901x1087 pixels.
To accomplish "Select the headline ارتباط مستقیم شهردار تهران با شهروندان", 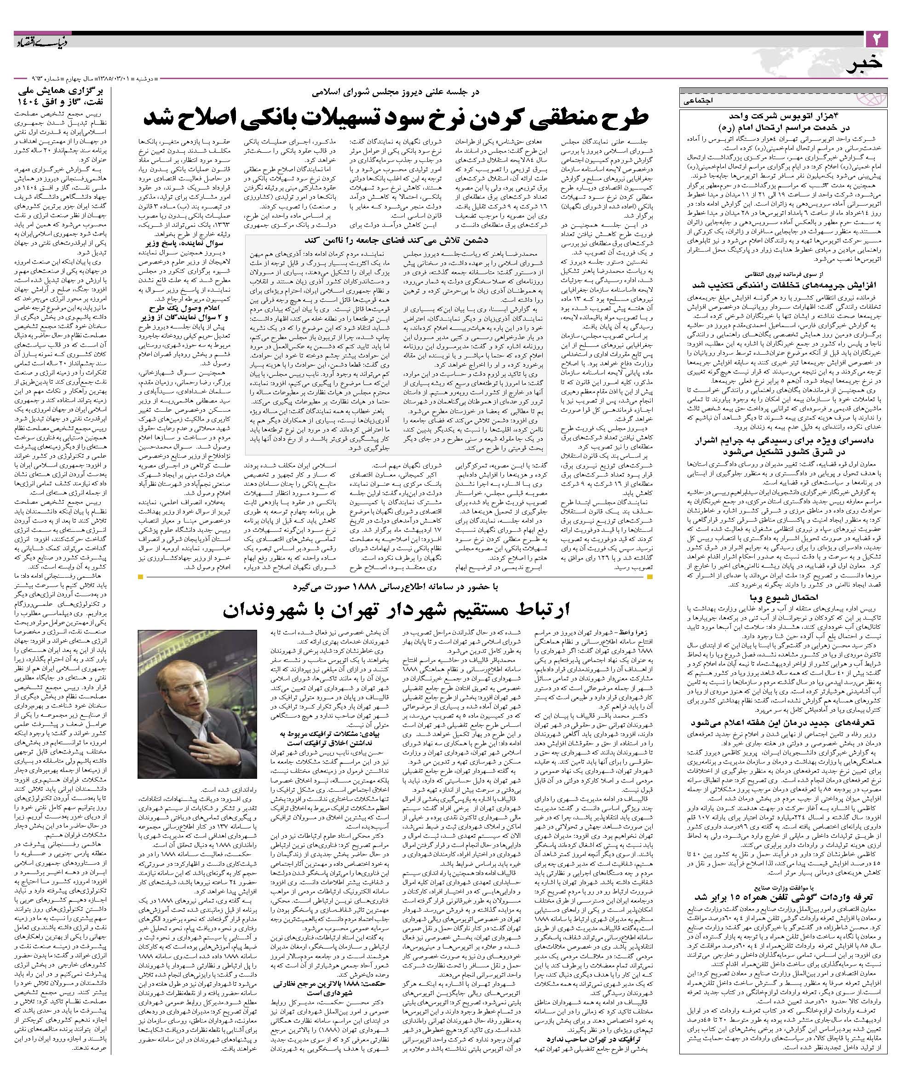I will [396, 609].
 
